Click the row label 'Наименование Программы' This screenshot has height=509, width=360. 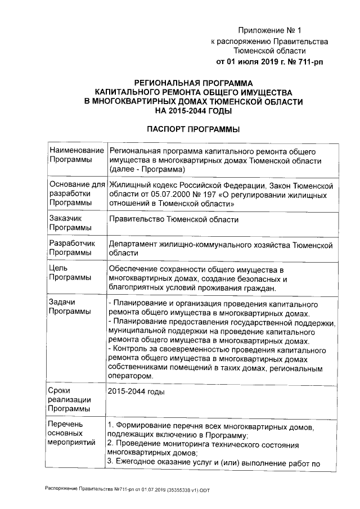click(76, 156)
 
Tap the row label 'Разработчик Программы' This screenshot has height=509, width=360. click(73, 249)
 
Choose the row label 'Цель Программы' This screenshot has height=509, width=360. click(70, 273)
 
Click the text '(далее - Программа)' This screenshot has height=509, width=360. click(147, 169)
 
